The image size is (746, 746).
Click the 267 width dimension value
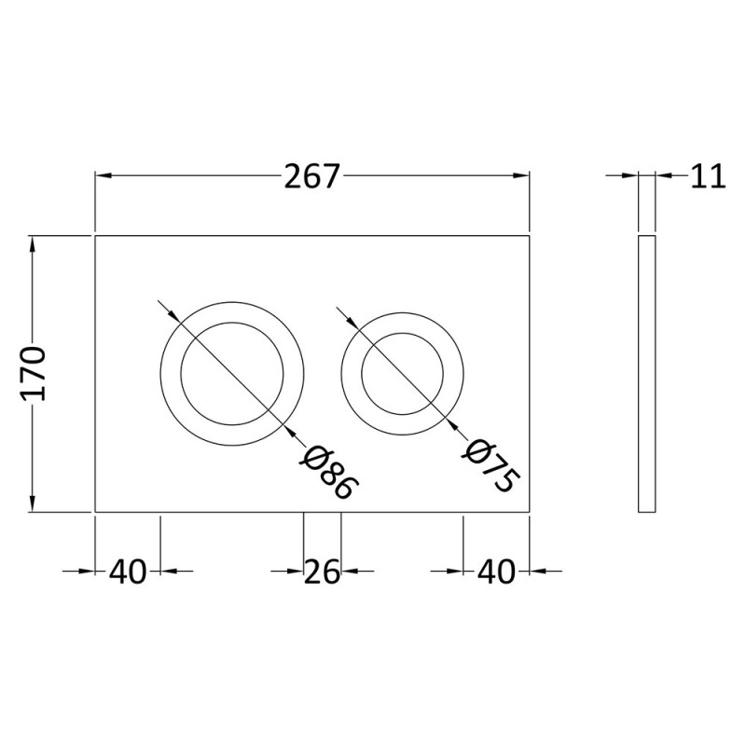click(312, 176)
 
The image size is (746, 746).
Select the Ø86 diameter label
click(328, 473)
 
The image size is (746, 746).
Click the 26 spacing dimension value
click(322, 572)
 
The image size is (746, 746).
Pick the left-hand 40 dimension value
click(129, 572)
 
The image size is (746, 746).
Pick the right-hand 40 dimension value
click(496, 572)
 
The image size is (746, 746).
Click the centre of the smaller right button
click(402, 371)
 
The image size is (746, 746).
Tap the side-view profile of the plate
click(646, 373)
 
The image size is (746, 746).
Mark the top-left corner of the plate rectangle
click(96, 236)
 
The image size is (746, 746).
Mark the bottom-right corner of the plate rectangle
click(530, 511)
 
